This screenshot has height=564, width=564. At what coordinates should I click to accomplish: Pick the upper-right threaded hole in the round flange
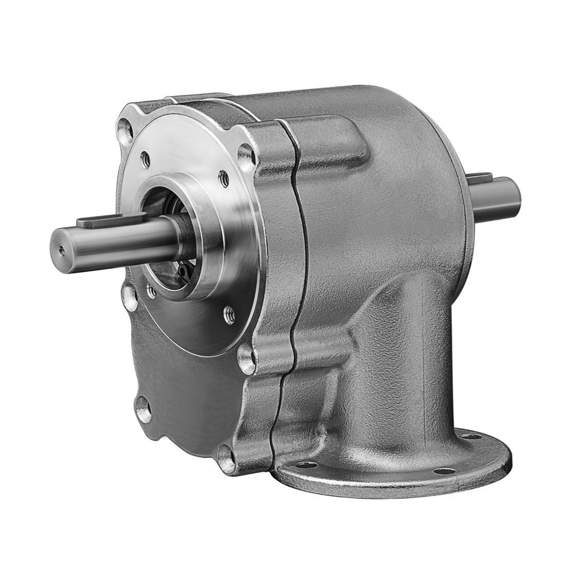223,177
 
